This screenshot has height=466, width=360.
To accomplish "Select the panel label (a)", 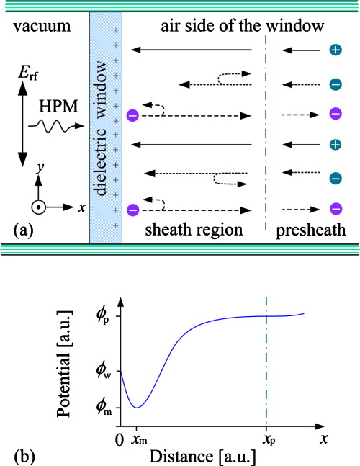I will (x=24, y=230).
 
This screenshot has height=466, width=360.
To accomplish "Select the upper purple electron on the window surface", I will (x=132, y=115).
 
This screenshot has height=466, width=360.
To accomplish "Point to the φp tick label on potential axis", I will (x=105, y=315).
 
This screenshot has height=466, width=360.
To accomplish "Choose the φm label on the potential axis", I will (x=105, y=408).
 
